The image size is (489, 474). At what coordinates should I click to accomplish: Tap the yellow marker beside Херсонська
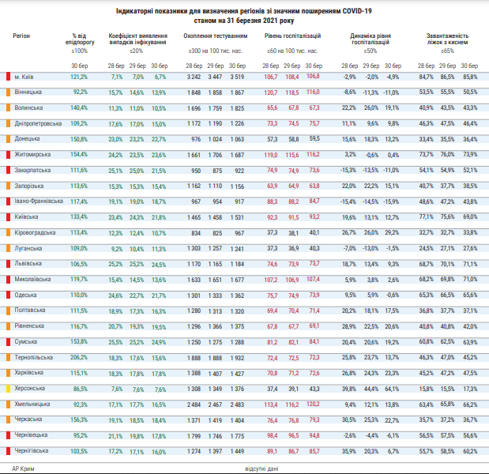[x=7, y=389]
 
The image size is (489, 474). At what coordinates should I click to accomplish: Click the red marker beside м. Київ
[x=7, y=77]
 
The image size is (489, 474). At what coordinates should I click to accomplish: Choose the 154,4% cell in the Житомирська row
[x=78, y=155]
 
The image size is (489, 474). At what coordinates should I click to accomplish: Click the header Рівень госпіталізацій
[x=292, y=36]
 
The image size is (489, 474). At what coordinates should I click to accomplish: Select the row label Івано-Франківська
[x=39, y=201]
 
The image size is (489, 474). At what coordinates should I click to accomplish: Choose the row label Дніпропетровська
[x=39, y=123]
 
